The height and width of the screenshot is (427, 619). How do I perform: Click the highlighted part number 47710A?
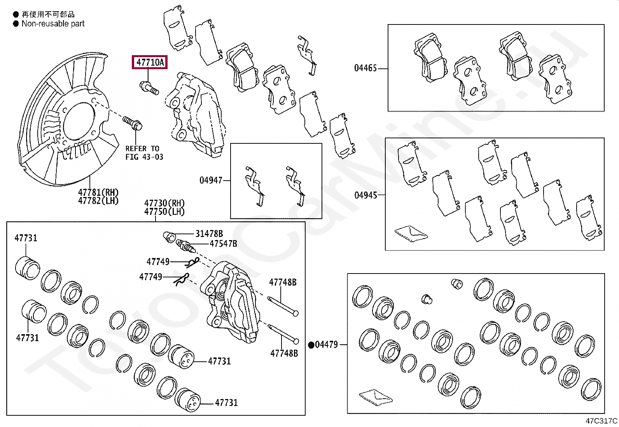point(150,62)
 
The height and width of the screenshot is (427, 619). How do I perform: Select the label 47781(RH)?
point(98,192)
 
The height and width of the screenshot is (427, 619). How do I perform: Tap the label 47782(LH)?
point(98,200)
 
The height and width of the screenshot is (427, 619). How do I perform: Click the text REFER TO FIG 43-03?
point(144,153)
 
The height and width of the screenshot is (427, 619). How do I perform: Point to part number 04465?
point(365,68)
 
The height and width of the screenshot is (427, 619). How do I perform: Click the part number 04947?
point(211,180)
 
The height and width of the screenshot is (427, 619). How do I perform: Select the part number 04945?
point(365,195)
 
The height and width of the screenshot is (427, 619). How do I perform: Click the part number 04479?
point(326,345)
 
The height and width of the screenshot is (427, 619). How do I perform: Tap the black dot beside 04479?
point(311,345)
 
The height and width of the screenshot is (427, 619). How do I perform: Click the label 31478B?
point(209,234)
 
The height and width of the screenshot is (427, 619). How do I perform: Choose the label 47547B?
point(223,244)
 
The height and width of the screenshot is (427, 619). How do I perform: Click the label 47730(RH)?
point(164,203)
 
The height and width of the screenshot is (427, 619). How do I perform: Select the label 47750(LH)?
point(164,212)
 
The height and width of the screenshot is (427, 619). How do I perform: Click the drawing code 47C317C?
point(601,421)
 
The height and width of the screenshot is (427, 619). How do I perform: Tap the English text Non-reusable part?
point(53,24)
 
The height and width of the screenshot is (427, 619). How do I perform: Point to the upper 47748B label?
point(283,282)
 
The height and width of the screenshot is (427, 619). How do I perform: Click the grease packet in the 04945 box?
point(411,233)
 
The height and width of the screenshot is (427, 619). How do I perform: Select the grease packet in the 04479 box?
point(376,397)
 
